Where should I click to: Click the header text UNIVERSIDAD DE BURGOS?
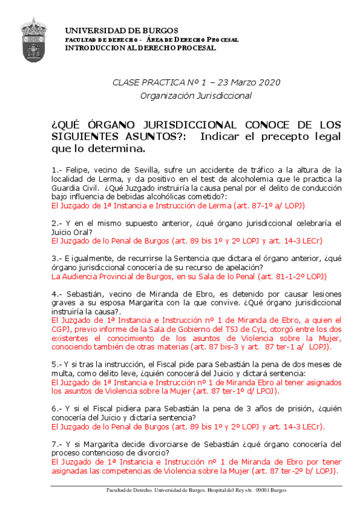[x=121, y=30]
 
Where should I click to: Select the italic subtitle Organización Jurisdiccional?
[x=196, y=95]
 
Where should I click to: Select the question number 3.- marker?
[x=58, y=259]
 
